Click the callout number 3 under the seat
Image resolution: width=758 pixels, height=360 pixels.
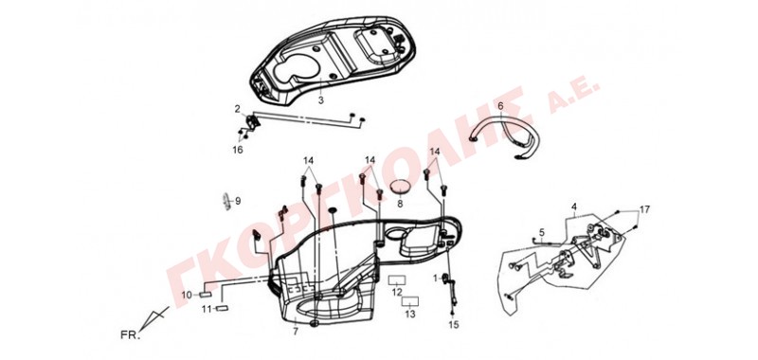(320, 100)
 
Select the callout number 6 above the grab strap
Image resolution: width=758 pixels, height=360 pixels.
(500, 105)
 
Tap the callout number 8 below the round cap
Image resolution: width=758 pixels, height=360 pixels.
(400, 204)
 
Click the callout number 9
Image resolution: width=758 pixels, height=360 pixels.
(238, 201)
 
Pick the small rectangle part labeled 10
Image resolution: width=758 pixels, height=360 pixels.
(206, 295)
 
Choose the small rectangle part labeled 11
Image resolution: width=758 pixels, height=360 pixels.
(222, 308)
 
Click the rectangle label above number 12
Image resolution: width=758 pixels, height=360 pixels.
(397, 280)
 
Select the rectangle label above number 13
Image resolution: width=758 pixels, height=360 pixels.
(410, 302)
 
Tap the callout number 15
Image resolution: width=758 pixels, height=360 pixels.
(453, 325)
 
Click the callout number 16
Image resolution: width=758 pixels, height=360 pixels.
(238, 150)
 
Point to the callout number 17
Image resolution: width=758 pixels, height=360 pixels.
(645, 209)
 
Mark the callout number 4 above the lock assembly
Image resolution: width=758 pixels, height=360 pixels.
(574, 207)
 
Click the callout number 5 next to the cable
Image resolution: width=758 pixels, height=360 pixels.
(541, 231)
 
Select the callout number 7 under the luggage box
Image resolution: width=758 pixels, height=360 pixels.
(296, 332)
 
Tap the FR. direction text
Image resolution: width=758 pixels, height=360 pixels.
(130, 334)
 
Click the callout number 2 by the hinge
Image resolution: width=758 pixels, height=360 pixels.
(238, 109)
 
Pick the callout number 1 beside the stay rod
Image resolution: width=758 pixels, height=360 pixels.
(435, 278)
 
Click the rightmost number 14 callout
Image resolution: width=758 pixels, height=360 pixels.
(435, 152)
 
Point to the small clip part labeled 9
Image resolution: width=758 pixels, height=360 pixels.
(226, 201)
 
